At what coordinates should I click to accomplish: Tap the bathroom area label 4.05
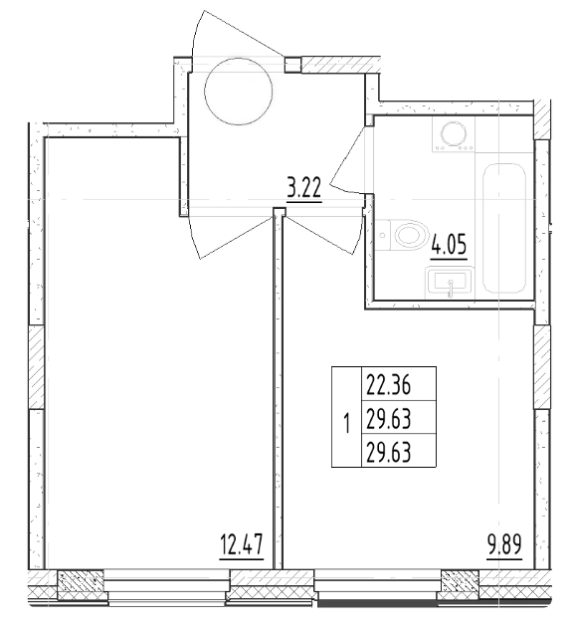point(449,245)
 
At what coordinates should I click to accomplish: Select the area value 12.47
point(242,544)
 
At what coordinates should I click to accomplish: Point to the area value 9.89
point(504,544)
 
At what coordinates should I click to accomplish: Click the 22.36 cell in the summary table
point(388,386)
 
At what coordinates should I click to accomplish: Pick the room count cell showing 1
point(346,424)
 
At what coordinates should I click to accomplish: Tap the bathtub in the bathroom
point(504,228)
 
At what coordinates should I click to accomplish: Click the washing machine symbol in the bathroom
point(453,133)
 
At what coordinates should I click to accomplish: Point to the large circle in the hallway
point(238,92)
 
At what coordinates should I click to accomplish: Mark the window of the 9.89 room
point(378,586)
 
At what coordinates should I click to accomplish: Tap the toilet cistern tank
point(383,235)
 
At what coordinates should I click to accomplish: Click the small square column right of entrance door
point(292,65)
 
